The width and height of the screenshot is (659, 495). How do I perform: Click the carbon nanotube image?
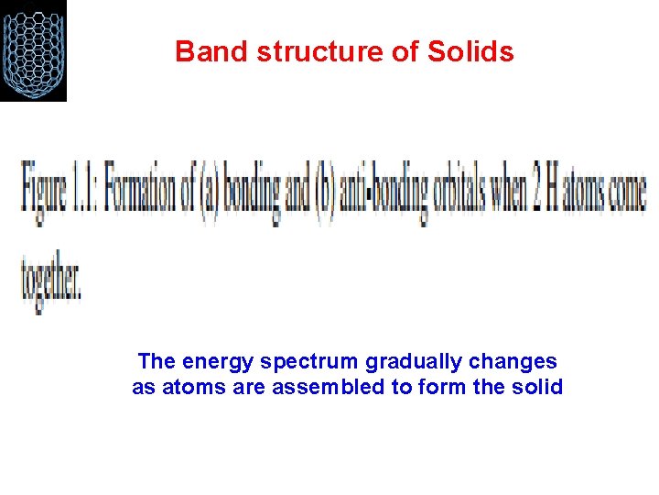coord(34,49)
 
